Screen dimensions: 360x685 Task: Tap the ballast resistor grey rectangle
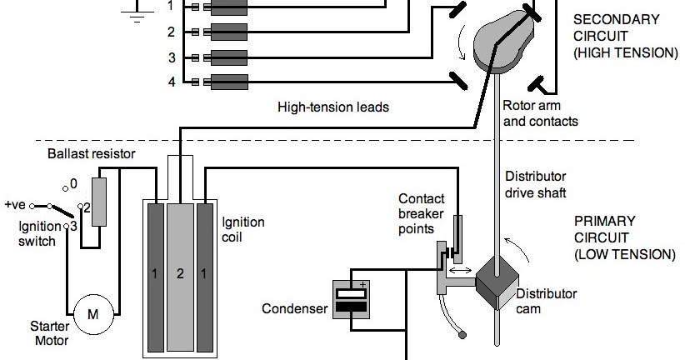pos(99,202)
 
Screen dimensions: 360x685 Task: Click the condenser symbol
pos(349,299)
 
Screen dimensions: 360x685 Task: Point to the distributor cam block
pos(497,284)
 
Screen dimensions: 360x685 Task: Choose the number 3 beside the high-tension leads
pos(171,57)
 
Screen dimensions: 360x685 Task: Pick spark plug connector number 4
pos(225,82)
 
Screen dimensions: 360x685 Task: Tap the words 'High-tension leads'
pos(333,107)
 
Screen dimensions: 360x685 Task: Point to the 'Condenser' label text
pos(293,309)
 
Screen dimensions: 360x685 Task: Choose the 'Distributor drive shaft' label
pos(536,185)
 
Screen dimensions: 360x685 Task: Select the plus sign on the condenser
pos(363,284)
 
